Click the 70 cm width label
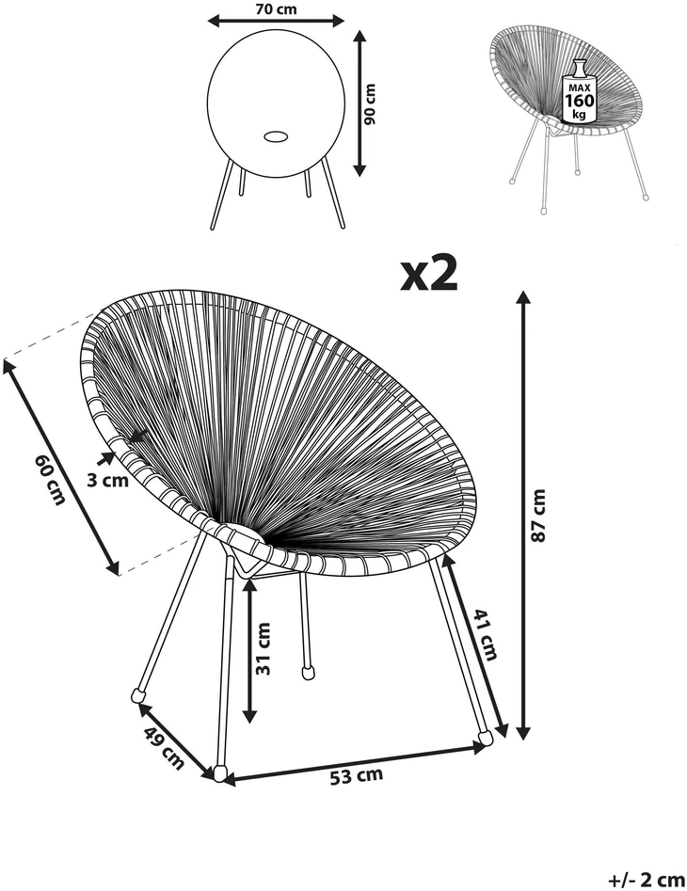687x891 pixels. pos(276,8)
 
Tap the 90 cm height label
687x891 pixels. pos(370,103)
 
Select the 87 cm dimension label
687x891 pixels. pos(538,515)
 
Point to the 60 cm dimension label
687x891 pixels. pos(50,479)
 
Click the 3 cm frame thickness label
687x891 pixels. pos(108,481)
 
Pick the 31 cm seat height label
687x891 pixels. pos(264,648)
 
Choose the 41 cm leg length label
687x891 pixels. pos(486,634)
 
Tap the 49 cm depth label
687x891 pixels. pos(164,748)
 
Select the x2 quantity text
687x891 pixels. pos(429,274)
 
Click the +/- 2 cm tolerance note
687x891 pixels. pos(647,881)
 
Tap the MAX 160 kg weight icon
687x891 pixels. pos(579,91)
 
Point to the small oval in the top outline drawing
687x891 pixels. pos(276,136)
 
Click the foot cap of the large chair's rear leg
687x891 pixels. pos(309,672)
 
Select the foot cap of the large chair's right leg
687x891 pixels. pos(486,738)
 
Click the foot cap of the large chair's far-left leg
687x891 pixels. pos(138,694)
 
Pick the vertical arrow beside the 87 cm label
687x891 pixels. pos(523,515)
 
